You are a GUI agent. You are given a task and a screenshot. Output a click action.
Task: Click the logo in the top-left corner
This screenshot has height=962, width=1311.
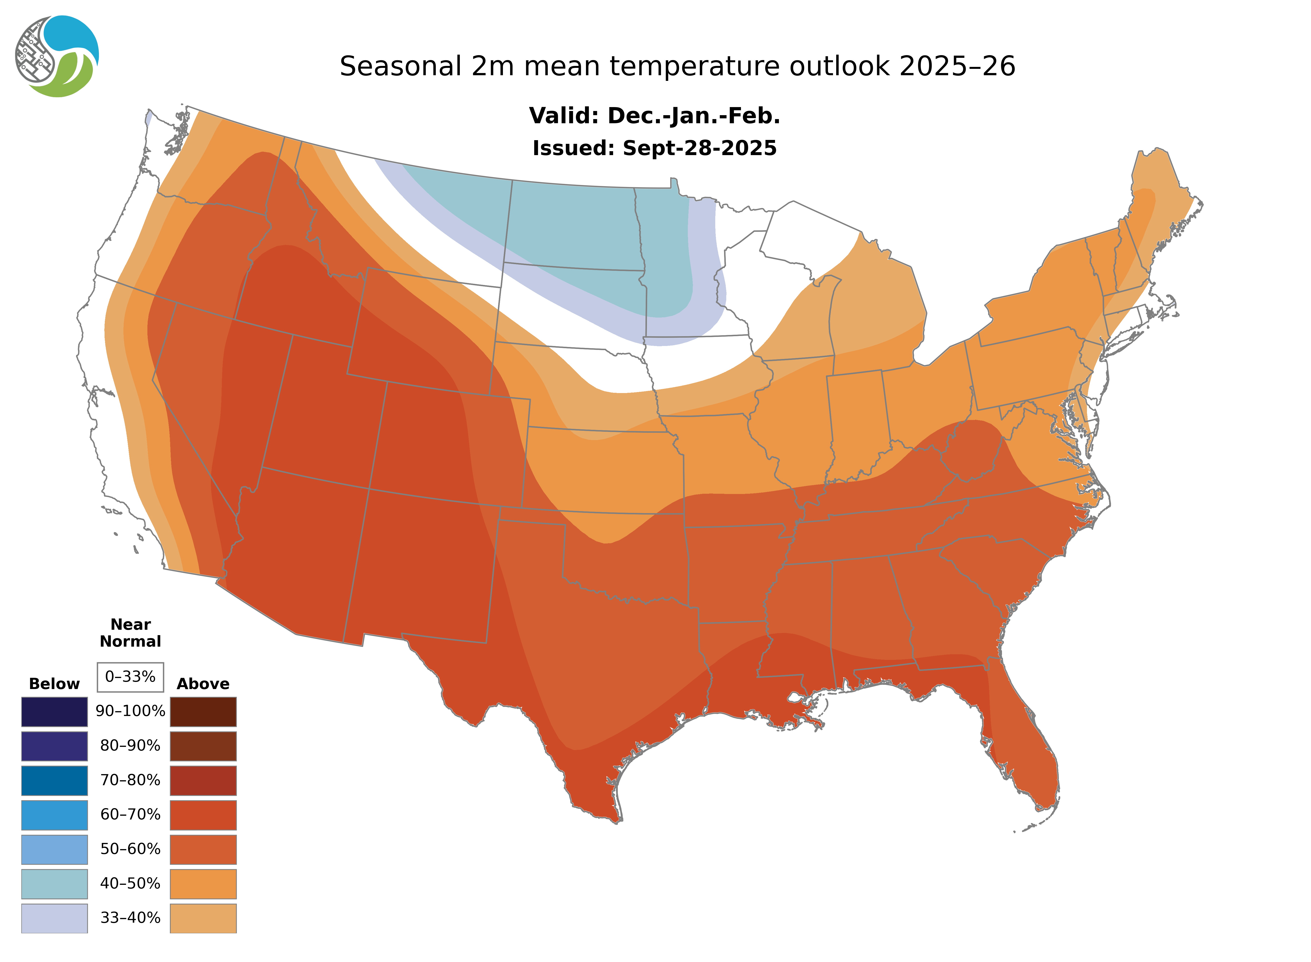pyautogui.click(x=57, y=57)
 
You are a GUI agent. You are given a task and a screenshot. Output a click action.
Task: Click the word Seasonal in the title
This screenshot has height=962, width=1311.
pyautogui.click(x=400, y=66)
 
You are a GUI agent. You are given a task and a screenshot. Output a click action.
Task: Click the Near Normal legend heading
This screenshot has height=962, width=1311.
pyautogui.click(x=130, y=633)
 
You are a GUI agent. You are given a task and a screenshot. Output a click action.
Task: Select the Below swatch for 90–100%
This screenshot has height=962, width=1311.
pyautogui.click(x=54, y=712)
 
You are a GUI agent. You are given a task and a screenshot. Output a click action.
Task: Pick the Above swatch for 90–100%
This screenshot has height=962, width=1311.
pyautogui.click(x=203, y=712)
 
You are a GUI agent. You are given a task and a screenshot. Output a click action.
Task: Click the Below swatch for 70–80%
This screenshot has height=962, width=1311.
pyautogui.click(x=54, y=780)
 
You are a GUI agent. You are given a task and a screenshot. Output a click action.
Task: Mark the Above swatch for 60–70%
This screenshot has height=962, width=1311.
pyautogui.click(x=203, y=815)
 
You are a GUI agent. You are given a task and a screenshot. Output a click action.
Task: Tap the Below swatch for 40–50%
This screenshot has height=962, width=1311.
pyautogui.click(x=54, y=883)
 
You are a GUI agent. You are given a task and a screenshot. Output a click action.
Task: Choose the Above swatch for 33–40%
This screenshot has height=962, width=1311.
pyautogui.click(x=203, y=918)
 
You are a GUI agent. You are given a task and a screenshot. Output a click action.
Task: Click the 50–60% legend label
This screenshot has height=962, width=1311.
pyautogui.click(x=130, y=849)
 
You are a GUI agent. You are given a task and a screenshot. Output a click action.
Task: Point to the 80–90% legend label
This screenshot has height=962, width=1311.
pyautogui.click(x=130, y=746)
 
